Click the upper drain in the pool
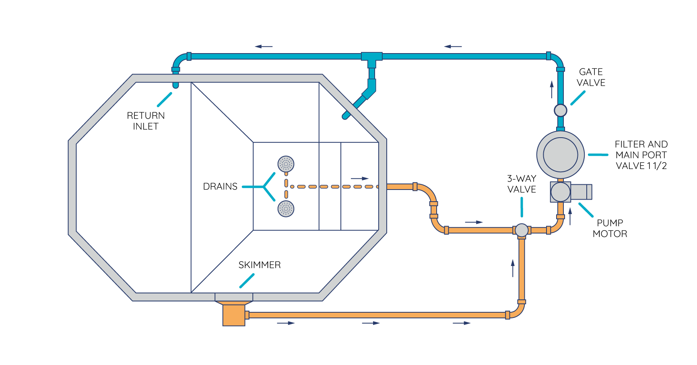coord(286,164)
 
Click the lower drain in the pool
coord(286,209)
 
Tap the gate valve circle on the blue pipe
coord(560,110)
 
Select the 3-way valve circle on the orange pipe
coord(522,230)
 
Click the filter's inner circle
coord(560,155)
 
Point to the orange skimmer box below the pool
coord(234,315)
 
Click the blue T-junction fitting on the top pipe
coord(371,57)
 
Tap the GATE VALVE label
coord(591,77)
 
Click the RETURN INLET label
coord(146,121)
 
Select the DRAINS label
coord(220,186)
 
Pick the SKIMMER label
coord(260,265)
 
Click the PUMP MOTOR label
coord(610,228)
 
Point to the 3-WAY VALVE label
coord(522,184)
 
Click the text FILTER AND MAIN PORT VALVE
coord(641,155)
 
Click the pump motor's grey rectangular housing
coord(581,192)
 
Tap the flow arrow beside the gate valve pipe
coord(552,89)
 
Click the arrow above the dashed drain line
coord(359,178)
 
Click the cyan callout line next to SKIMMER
coord(247,281)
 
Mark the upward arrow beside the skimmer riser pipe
coord(513,268)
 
